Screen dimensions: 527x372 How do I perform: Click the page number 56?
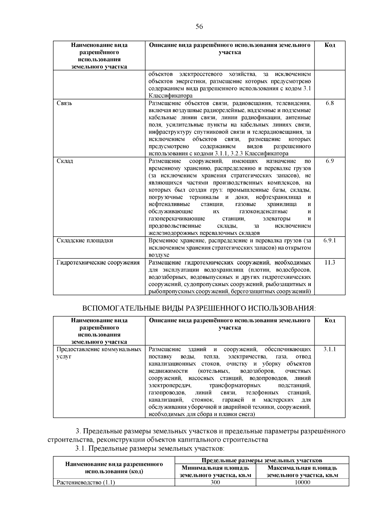tap(199, 27)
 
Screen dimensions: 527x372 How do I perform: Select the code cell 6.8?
tap(330, 103)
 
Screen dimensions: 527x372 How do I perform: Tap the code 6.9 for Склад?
tap(330, 161)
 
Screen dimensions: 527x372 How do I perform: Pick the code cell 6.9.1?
tap(330, 241)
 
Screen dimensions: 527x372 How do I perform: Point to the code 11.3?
tap(330, 262)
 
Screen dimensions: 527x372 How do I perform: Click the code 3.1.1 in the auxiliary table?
tap(330, 349)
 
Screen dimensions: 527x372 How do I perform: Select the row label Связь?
tap(64, 103)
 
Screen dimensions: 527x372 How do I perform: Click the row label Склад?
tap(65, 161)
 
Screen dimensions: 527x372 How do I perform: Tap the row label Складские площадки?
tap(85, 241)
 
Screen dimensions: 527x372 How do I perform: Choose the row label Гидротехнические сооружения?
tap(98, 262)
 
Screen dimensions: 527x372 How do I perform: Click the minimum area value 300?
tap(215, 483)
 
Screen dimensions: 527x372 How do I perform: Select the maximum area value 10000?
tap(302, 483)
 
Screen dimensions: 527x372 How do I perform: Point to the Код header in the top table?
tap(330, 45)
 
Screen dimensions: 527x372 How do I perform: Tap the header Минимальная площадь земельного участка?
tap(215, 471)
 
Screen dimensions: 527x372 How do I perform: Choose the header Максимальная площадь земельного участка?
tap(302, 471)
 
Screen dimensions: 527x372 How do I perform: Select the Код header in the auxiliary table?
tap(330, 320)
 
